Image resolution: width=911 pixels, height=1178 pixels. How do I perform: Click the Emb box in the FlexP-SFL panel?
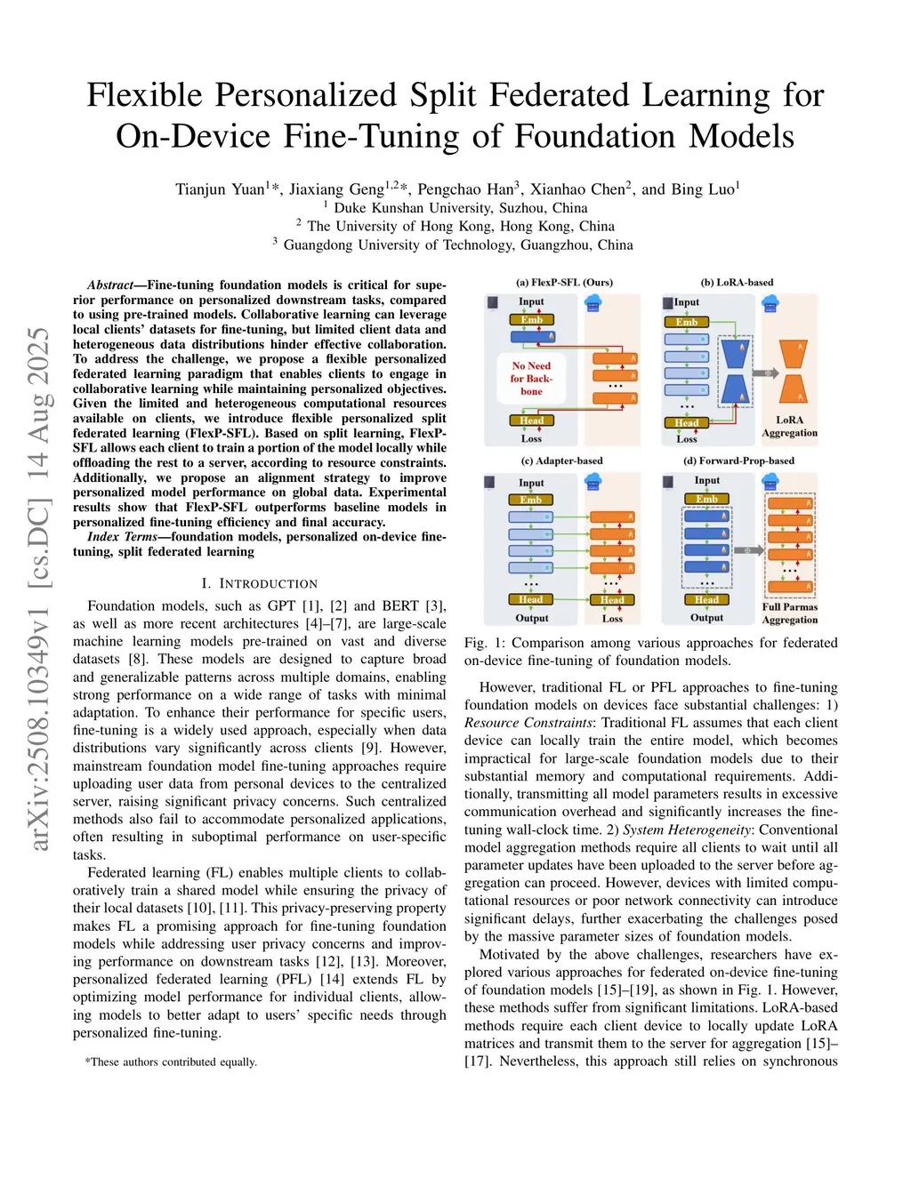(531, 320)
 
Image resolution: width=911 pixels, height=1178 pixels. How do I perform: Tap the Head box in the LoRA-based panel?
(686, 422)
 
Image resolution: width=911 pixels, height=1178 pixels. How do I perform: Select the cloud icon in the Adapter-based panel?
(593, 481)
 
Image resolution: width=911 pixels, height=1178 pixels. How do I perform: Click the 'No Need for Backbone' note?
(531, 378)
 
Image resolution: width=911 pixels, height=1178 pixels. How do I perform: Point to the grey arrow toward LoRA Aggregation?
(764, 373)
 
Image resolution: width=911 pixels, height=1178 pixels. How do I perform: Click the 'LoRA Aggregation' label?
(789, 427)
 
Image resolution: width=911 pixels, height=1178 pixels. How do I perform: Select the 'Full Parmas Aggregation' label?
(789, 613)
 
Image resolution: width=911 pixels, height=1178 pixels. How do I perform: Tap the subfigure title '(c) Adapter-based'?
(561, 461)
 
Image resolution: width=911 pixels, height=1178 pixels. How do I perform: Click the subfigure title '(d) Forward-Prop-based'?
(738, 461)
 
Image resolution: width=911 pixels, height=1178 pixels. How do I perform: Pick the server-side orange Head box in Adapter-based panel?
(612, 599)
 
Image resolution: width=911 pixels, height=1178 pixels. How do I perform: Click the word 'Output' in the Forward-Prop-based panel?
(706, 617)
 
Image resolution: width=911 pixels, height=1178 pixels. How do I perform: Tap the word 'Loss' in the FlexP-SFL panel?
(531, 438)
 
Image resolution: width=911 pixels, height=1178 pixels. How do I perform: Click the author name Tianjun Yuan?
(221, 189)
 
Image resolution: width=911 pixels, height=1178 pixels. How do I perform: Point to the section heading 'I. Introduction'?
(259, 583)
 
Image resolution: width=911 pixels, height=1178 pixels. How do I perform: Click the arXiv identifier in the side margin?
(39, 587)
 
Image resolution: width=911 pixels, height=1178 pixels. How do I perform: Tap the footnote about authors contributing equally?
(171, 1062)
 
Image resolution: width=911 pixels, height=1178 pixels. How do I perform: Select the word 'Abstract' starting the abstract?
(109, 285)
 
